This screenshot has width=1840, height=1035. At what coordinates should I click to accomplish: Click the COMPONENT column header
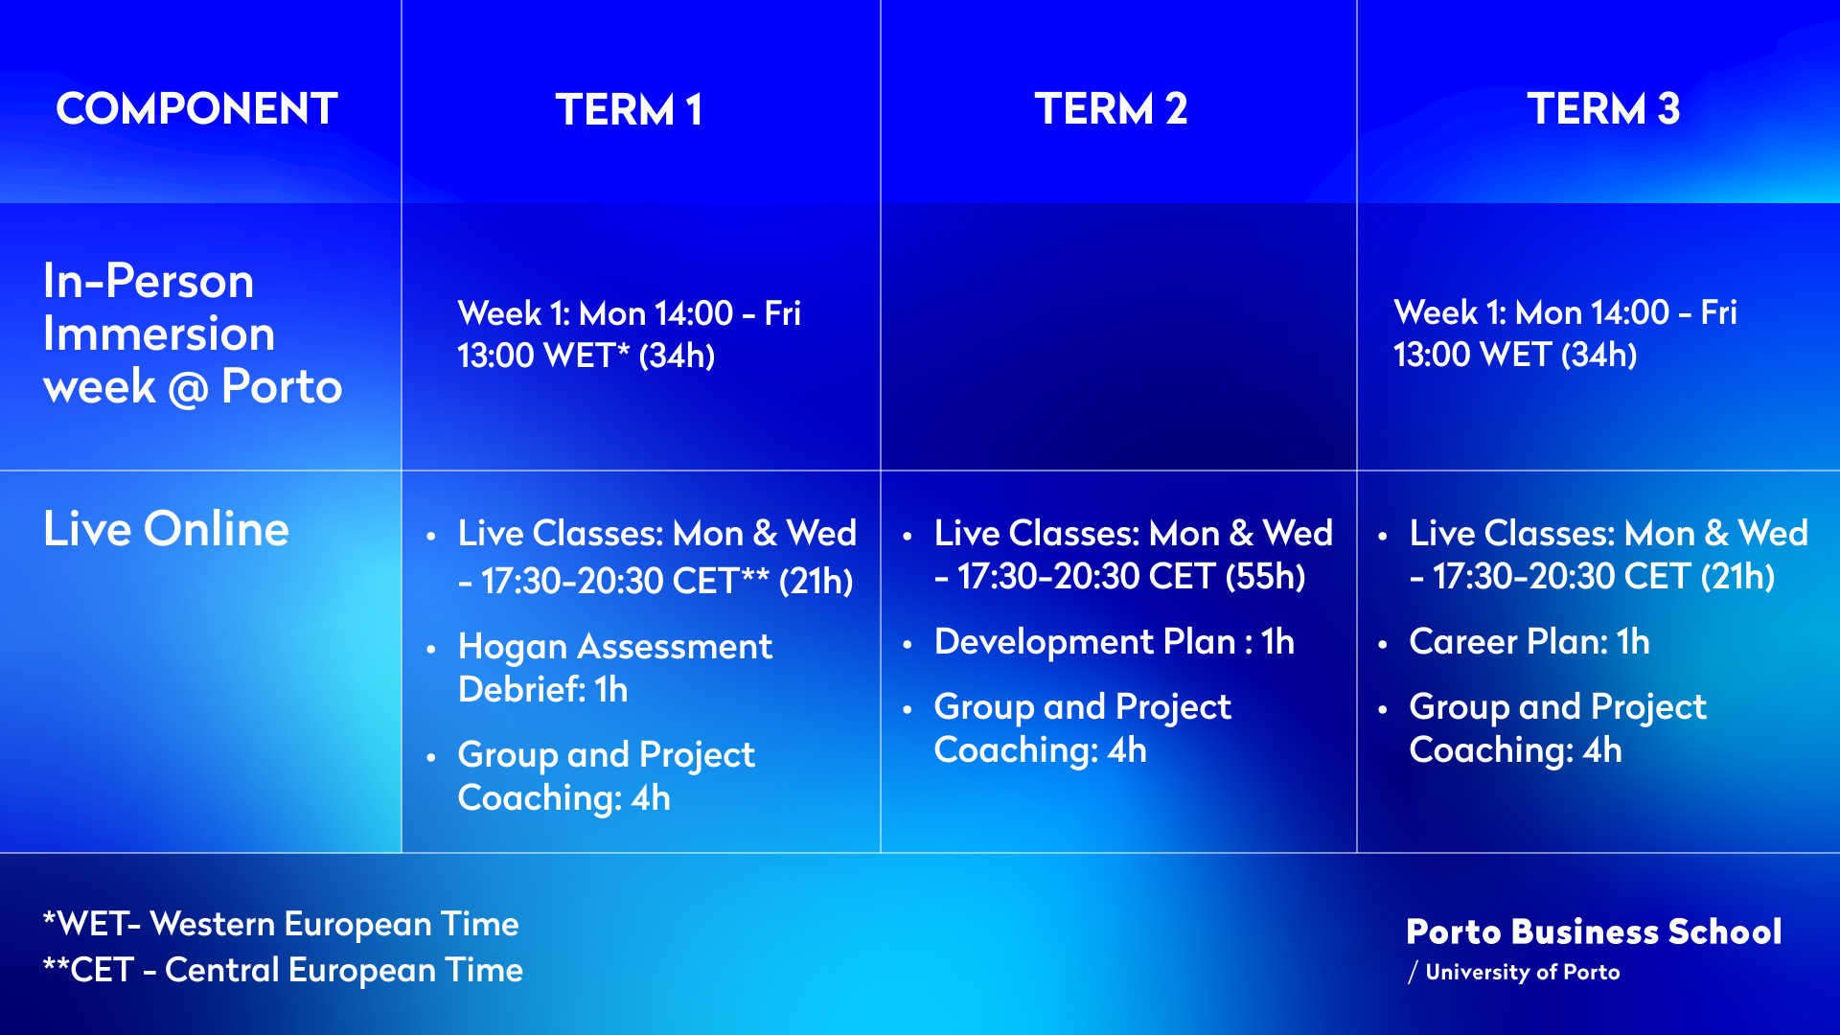point(196,108)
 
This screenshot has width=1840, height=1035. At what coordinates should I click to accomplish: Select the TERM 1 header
point(629,109)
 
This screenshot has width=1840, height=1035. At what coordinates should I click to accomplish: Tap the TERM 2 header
point(1111,108)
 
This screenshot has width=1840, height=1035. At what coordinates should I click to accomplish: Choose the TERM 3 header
point(1602,108)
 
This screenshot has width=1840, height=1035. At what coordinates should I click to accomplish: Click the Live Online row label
point(166,528)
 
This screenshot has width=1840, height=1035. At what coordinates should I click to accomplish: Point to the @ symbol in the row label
point(188,388)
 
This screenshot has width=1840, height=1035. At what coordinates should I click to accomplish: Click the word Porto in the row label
point(282,386)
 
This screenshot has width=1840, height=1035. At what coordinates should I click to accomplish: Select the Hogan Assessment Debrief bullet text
point(615,668)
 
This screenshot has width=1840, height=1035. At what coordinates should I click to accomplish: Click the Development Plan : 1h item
point(1115,641)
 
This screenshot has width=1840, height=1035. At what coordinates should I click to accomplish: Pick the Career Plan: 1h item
point(1529,641)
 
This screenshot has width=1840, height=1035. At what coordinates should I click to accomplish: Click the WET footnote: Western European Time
point(281,924)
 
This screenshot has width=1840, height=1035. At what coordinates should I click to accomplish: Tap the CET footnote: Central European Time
point(283,970)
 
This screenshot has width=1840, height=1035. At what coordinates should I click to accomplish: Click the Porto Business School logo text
point(1594,931)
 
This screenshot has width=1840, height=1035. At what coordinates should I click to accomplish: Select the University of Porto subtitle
point(1514,972)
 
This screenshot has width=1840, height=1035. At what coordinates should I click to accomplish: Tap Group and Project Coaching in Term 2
point(1083,728)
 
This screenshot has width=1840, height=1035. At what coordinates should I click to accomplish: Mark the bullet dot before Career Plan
point(1383,644)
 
